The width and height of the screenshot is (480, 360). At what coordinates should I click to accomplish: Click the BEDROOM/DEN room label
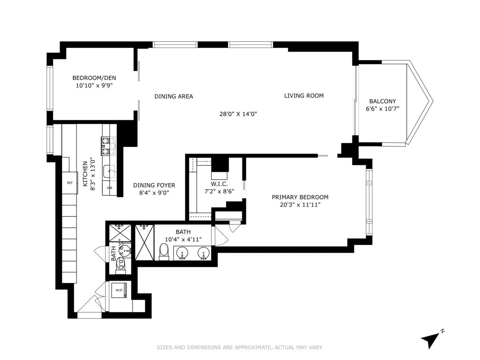tap(94, 78)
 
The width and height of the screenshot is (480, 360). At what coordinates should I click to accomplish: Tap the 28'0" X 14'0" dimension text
tap(238, 114)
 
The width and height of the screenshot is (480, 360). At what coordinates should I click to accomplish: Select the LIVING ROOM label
tap(304, 96)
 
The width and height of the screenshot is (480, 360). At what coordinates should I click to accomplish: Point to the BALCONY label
tap(382, 101)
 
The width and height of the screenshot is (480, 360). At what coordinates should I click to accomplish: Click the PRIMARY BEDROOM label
tap(300, 197)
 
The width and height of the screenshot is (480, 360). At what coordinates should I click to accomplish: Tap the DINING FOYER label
tap(154, 185)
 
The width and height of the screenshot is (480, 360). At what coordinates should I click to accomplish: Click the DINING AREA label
tap(174, 96)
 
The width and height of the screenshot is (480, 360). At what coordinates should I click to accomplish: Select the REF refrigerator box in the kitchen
tap(70, 183)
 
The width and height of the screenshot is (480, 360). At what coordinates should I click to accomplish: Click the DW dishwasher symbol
tap(110, 188)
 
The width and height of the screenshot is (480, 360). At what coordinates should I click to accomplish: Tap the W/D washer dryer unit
tap(120, 291)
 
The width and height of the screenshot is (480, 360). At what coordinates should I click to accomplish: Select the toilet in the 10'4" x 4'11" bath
tap(164, 252)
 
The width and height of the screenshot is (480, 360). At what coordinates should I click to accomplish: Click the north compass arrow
tap(430, 340)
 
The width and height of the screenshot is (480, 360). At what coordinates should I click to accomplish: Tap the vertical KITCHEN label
tap(85, 174)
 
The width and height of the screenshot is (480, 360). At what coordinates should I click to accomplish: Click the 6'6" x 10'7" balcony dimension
tap(382, 109)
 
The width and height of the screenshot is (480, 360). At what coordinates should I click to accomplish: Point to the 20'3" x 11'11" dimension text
tap(300, 205)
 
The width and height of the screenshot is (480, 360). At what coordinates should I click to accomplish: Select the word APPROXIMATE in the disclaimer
tap(251, 348)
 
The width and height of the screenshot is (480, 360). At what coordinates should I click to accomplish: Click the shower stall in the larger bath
tap(144, 242)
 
